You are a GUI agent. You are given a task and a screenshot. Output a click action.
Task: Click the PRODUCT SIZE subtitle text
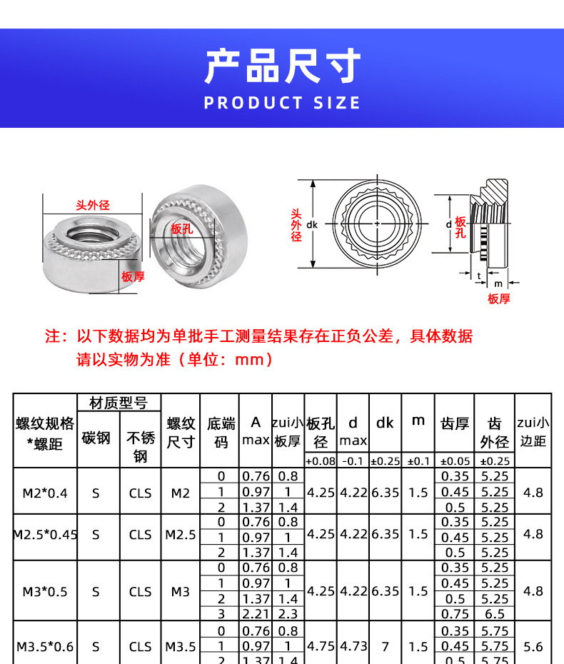tap(282, 103)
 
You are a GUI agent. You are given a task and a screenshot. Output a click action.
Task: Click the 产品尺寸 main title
tap(282, 67)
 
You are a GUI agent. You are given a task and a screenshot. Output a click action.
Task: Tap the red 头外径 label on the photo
tap(93, 206)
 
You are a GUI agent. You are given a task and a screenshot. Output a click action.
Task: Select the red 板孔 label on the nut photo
tap(182, 228)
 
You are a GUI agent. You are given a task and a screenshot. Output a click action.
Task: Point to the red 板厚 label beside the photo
tap(133, 276)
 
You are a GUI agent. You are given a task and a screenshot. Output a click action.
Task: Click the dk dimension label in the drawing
tap(311, 224)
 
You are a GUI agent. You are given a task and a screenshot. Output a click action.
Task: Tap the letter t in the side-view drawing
tap(479, 275)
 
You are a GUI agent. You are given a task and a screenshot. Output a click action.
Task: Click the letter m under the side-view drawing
tap(498, 283)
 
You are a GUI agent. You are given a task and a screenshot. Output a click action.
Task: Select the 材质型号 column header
tap(119, 403)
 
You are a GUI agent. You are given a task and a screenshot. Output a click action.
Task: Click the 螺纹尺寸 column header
tap(181, 433)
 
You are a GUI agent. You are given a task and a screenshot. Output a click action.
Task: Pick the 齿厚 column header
tap(454, 424)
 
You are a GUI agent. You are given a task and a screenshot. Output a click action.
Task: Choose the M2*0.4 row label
tap(44, 492)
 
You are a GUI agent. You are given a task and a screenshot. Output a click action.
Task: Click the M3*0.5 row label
tap(44, 592)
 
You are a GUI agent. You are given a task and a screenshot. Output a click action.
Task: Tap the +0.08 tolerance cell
tap(321, 461)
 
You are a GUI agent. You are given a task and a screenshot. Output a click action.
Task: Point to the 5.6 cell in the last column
tap(533, 647)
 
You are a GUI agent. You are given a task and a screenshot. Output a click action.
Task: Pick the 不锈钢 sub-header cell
tap(140, 446)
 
